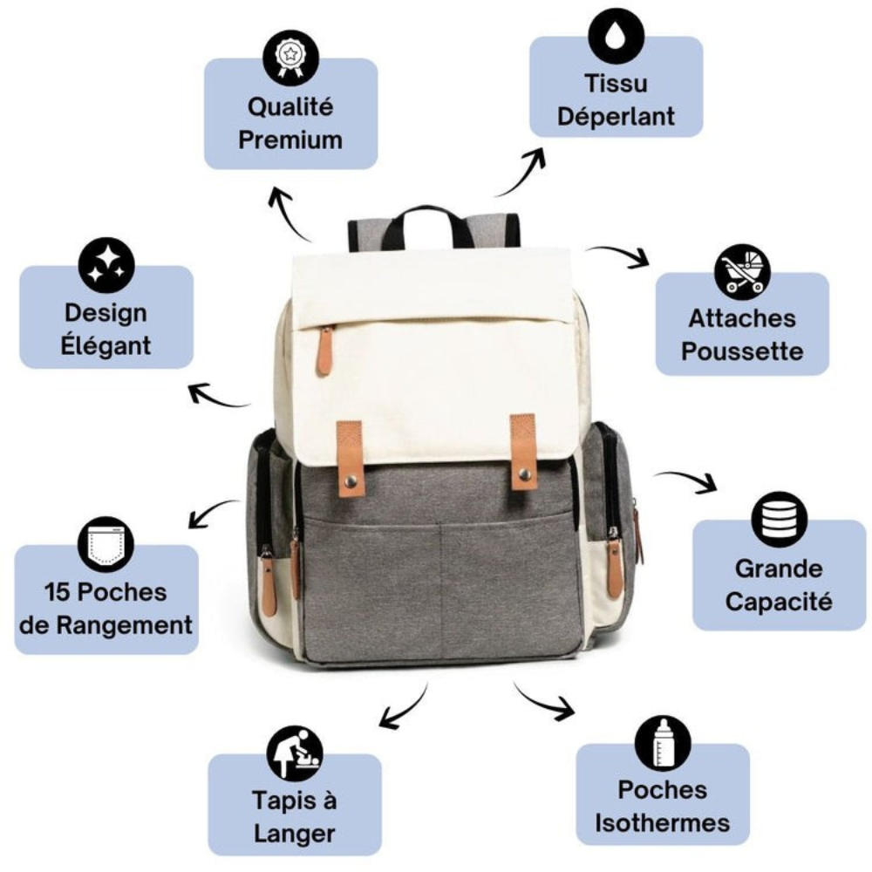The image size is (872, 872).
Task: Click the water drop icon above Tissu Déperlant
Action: (x=617, y=35)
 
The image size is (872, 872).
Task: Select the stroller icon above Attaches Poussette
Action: (x=742, y=271)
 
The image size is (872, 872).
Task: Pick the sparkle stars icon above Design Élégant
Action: (x=106, y=266)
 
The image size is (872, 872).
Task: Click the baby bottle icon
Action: (x=663, y=746)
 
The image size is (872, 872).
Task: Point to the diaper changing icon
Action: (x=295, y=753)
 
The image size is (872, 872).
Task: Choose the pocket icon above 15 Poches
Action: (x=106, y=544)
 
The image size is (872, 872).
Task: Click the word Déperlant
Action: (x=617, y=117)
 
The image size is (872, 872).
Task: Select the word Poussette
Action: (x=742, y=351)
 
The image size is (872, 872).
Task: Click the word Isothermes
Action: (x=663, y=823)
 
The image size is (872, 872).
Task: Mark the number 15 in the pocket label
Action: (x=58, y=592)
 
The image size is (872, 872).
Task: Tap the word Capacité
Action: (x=779, y=602)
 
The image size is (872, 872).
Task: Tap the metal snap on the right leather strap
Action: (x=524, y=473)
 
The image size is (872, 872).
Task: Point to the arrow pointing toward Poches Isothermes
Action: (x=543, y=702)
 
